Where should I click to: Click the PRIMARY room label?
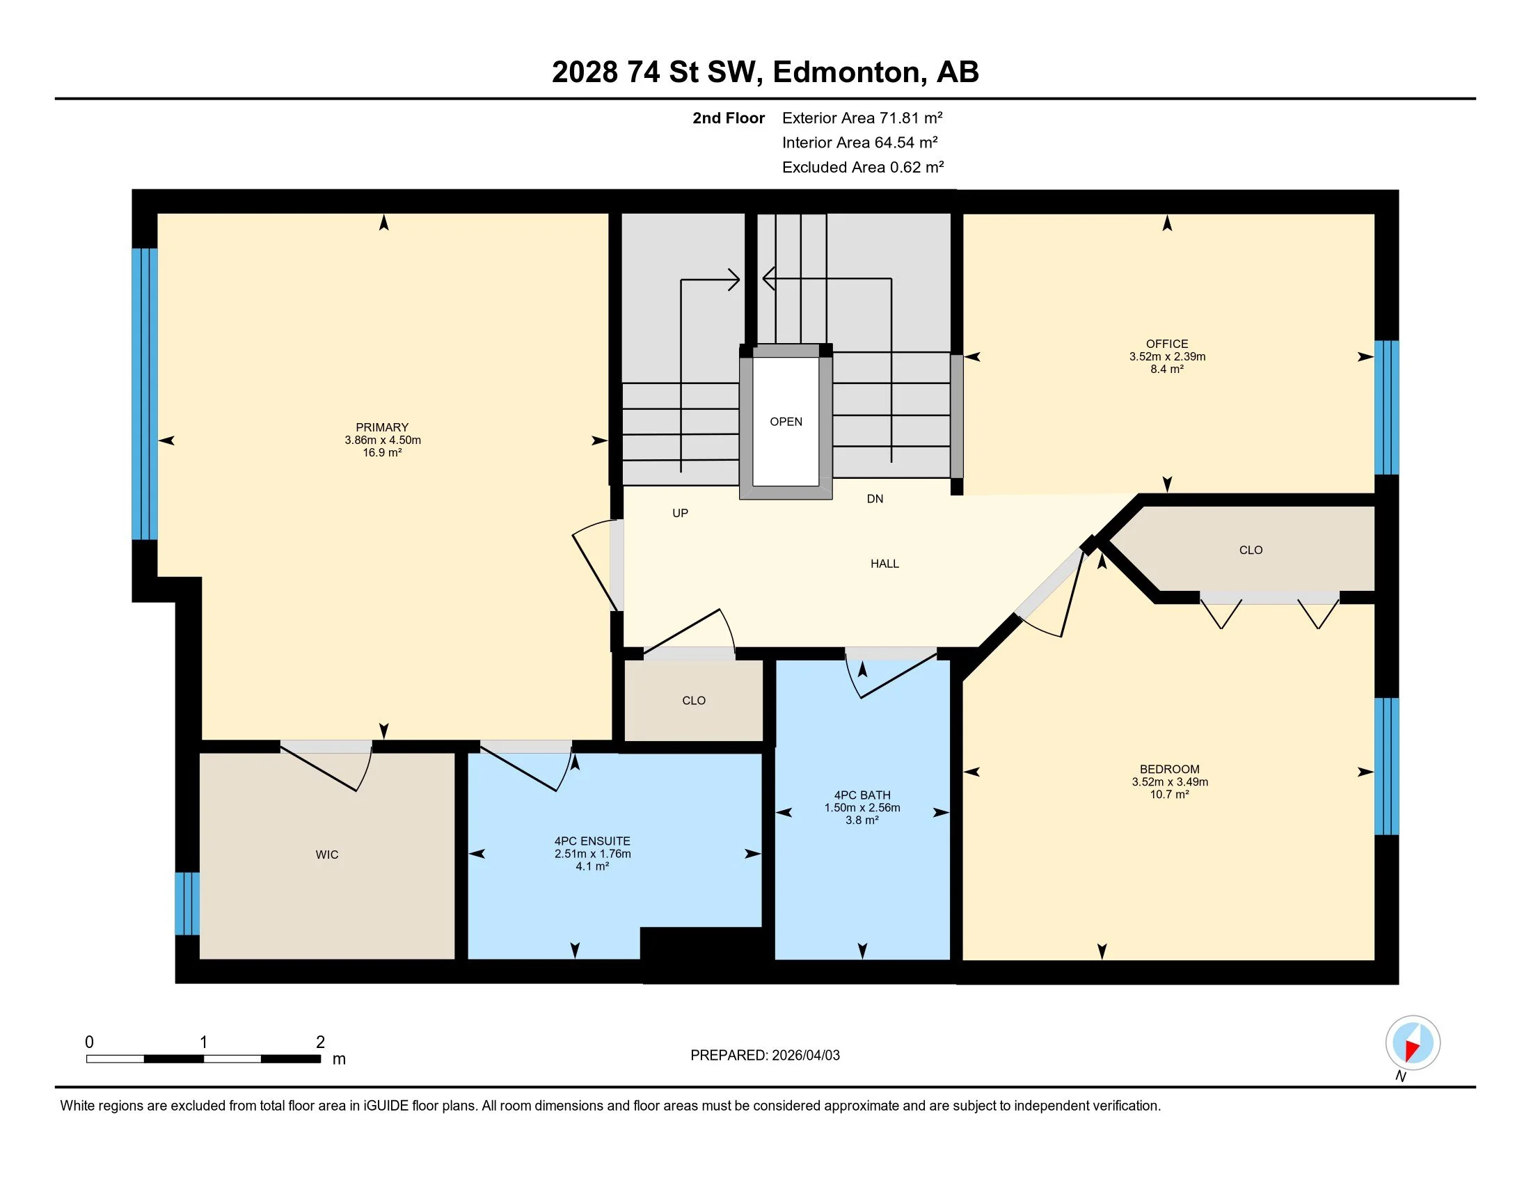(x=382, y=427)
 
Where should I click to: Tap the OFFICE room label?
(x=1167, y=344)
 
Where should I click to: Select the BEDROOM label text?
(x=1169, y=769)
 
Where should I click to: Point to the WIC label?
(x=326, y=855)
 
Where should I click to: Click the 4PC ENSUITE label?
(x=592, y=841)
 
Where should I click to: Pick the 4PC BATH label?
(x=862, y=795)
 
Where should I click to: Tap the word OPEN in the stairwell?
(x=786, y=421)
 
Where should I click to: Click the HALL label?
(x=885, y=564)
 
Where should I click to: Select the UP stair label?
(x=680, y=513)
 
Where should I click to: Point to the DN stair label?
(x=875, y=499)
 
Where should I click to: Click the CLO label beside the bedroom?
(x=1251, y=550)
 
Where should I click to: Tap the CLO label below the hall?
(x=694, y=700)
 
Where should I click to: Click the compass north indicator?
(x=1413, y=1043)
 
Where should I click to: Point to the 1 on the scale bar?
(x=203, y=1042)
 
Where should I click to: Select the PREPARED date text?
(x=765, y=1055)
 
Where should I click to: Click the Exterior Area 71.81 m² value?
(x=862, y=118)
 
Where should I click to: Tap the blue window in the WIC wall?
(x=187, y=903)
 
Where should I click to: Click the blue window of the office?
(x=1386, y=408)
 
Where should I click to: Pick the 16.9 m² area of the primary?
(x=382, y=453)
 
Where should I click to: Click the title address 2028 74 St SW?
(x=657, y=72)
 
